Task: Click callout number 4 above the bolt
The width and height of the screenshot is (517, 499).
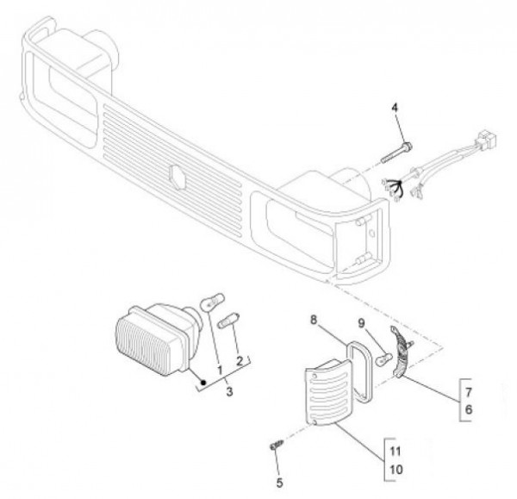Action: [395, 109]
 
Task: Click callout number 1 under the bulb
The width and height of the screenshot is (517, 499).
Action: [221, 370]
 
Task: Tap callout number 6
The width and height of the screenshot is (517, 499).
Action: [468, 412]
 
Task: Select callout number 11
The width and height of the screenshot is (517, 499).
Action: [396, 450]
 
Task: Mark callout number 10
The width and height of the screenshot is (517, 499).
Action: [396, 471]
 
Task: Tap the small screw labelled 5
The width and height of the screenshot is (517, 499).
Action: [275, 445]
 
